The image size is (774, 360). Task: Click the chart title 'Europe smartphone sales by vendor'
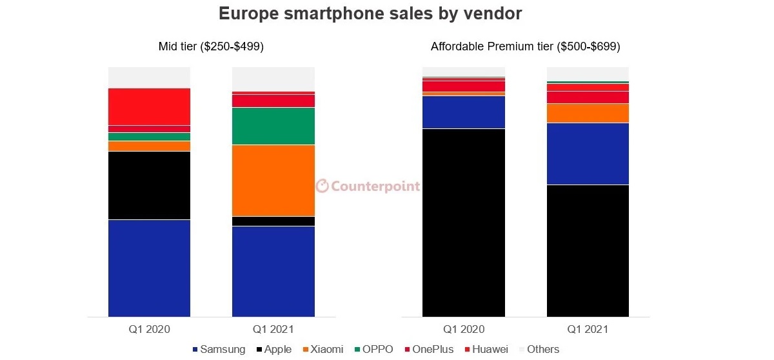(x=370, y=14)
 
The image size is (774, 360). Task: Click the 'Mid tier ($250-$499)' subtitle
(x=211, y=47)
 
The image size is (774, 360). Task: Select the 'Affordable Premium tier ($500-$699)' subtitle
(x=525, y=47)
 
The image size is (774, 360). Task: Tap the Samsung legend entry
(x=219, y=349)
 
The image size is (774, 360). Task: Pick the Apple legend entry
(x=273, y=349)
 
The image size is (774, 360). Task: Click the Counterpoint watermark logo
(x=368, y=186)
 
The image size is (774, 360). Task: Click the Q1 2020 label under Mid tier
(x=149, y=330)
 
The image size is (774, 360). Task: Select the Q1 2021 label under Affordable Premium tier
(x=588, y=330)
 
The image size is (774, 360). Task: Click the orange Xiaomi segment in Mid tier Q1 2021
(x=273, y=180)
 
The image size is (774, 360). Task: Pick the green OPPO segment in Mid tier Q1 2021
(x=273, y=126)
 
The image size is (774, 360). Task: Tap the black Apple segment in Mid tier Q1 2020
(x=149, y=185)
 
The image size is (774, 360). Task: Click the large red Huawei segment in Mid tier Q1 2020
(x=149, y=106)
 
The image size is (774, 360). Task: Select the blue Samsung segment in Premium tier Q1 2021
(x=588, y=154)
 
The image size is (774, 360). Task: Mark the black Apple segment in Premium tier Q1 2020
(x=463, y=223)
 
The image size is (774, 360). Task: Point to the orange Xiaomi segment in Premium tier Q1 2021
(x=588, y=113)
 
